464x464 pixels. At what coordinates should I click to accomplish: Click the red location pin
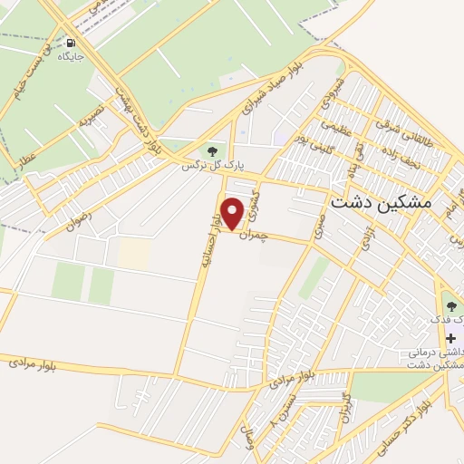(x=233, y=213)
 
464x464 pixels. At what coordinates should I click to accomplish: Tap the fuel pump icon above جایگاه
(x=71, y=43)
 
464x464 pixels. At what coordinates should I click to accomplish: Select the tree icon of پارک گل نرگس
(x=212, y=150)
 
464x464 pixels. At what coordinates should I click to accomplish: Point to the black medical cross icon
(x=450, y=338)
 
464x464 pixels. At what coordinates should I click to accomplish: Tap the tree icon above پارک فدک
(x=450, y=305)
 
